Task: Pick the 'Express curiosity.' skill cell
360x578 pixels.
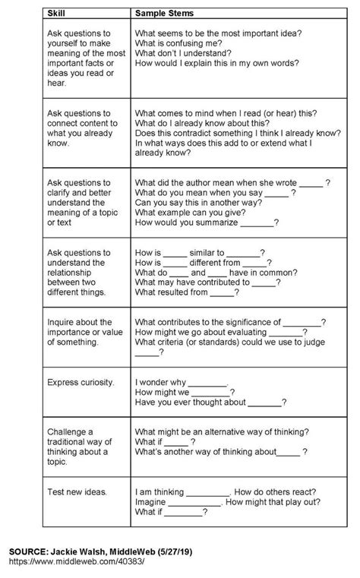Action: (81, 382)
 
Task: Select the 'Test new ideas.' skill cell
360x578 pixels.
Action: (76, 491)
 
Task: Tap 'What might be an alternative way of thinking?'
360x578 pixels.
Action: (228, 431)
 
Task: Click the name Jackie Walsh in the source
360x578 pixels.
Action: (89, 548)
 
